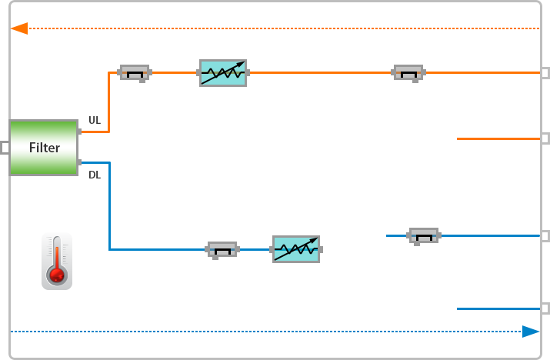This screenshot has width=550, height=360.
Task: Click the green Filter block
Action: [x=44, y=147]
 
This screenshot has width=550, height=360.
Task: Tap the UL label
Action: [x=95, y=120]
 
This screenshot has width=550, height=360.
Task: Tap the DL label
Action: [x=95, y=175]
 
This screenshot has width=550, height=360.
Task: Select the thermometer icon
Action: [x=57, y=262]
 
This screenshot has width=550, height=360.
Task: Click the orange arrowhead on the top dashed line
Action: [x=19, y=28]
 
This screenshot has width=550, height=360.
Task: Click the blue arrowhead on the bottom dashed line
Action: [x=531, y=332]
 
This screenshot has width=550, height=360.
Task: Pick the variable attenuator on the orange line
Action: [x=223, y=72]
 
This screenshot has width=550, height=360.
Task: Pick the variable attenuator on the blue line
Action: [x=296, y=249]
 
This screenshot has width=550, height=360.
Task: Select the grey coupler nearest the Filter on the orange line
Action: [x=135, y=73]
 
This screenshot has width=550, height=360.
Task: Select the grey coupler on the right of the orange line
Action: [x=408, y=73]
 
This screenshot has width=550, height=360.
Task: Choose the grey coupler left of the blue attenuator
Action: [x=222, y=249]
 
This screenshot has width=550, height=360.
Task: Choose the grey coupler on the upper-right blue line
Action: [x=423, y=235]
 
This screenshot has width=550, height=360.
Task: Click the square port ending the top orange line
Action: [x=545, y=72]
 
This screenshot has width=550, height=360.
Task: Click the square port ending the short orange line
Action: [x=545, y=138]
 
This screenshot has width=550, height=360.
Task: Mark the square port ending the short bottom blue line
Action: [x=545, y=308]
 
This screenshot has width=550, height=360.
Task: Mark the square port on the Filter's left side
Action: [x=4, y=147]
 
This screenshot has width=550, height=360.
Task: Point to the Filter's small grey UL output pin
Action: [x=80, y=132]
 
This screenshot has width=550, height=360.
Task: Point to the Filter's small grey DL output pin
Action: [x=80, y=162]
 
